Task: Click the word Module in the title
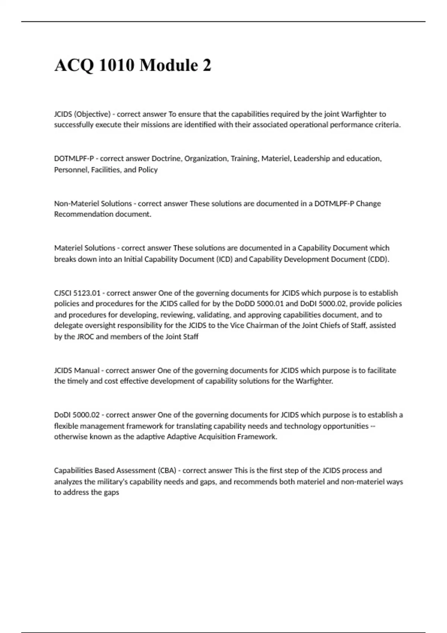[x=167, y=65]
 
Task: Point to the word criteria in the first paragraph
[x=387, y=125]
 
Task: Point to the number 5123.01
[x=88, y=293]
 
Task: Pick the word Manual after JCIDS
[x=87, y=370]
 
